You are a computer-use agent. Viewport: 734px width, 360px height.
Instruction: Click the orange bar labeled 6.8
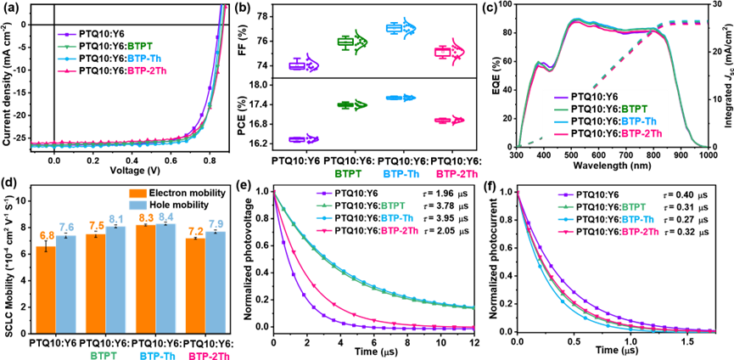coord(45,289)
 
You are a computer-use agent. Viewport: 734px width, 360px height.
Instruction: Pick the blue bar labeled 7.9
coord(216,281)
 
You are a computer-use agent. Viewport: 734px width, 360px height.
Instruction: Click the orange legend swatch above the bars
coord(137,193)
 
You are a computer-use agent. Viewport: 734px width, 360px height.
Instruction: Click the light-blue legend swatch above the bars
coord(137,205)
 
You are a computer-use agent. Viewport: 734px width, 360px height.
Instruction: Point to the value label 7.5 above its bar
coord(96,226)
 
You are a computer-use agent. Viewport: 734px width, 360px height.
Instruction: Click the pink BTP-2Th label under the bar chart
coord(208,357)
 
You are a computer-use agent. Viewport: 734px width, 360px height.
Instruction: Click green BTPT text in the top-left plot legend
coord(141,46)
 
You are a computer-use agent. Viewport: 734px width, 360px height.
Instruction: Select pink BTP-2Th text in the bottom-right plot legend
coord(640,232)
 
